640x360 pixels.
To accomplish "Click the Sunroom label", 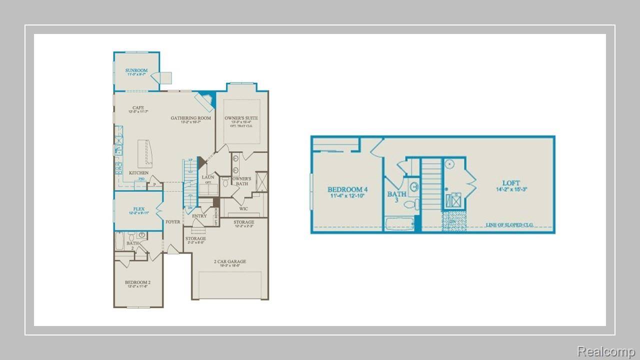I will [x=136, y=70].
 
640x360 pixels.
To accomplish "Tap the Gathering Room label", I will [x=190, y=118].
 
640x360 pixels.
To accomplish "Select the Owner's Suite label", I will [x=241, y=118].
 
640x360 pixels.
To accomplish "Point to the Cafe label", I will [x=138, y=107].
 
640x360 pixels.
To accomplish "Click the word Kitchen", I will [x=138, y=173].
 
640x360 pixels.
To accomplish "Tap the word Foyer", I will [x=173, y=221].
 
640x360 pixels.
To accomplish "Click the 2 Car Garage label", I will [x=230, y=261].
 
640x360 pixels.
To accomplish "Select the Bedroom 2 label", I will [x=137, y=282].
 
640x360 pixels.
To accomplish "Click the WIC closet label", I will [x=243, y=209].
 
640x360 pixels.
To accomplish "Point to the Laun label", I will [x=208, y=177].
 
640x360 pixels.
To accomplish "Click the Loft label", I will [x=511, y=183].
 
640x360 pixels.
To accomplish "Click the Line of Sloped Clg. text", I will [x=509, y=225].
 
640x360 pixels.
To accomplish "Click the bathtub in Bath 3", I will [x=399, y=224].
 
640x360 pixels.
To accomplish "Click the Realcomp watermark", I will [x=605, y=351].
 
